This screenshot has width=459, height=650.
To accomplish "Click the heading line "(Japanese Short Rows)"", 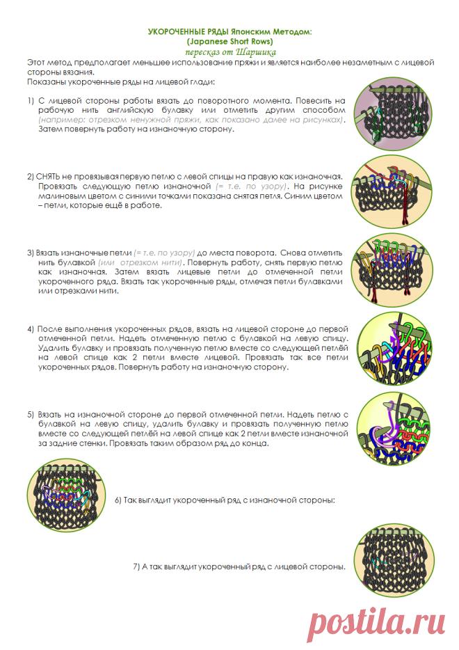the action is point(229,41).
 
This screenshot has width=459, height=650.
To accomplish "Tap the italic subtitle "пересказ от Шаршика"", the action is point(230,51).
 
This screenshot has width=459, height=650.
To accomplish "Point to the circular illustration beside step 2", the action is point(392,193).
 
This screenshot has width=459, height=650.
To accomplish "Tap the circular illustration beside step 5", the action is point(393,429).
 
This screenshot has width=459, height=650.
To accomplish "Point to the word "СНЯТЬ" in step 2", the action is point(48,177).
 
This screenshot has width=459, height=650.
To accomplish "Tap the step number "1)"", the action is point(31,101).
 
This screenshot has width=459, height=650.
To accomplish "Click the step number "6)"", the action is point(118,500).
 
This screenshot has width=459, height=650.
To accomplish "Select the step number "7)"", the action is point(136,566).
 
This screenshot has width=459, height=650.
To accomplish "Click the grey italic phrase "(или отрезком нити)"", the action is point(140,262).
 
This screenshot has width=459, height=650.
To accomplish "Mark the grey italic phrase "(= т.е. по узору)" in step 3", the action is point(164,253).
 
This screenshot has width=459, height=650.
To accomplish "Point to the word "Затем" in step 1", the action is point(50,129).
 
